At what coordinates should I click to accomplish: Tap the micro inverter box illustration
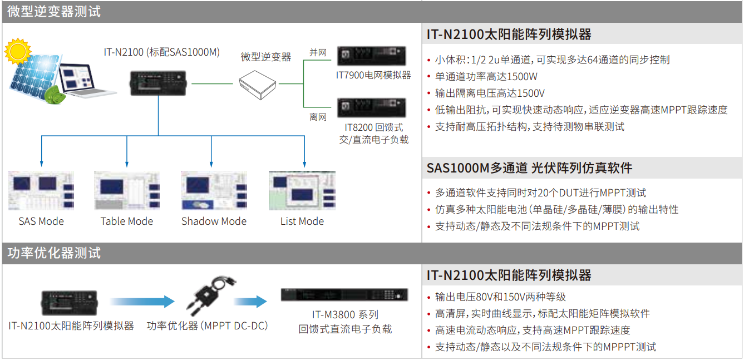258,84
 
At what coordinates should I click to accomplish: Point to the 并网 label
318,53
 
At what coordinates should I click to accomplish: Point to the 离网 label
318,117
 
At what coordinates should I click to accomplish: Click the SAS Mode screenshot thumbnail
41,190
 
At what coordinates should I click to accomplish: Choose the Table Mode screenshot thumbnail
127,190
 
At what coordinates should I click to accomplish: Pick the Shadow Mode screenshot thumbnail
214,190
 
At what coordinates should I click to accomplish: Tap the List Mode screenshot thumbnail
302,190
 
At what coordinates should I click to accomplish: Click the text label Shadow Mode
214,221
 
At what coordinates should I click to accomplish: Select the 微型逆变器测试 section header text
54,11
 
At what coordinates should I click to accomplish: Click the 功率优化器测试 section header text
54,253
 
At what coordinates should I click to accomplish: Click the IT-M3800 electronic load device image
344,295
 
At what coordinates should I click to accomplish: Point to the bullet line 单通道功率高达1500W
486,77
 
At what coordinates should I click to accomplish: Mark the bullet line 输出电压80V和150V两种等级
500,297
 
